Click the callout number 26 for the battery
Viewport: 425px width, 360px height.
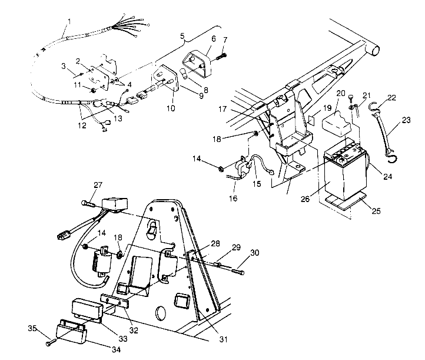(305, 199)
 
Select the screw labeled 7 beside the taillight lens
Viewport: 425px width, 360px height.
(221, 57)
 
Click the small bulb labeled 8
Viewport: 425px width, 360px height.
(184, 74)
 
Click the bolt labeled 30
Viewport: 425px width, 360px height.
(238, 271)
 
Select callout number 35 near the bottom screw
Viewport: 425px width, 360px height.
(32, 328)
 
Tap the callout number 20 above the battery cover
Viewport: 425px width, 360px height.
(341, 93)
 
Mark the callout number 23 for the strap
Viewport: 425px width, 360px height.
(406, 120)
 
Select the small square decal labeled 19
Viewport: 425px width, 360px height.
(312, 120)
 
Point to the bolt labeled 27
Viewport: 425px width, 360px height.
(87, 203)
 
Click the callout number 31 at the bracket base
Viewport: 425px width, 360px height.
(223, 339)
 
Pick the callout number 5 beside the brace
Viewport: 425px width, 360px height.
(182, 35)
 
